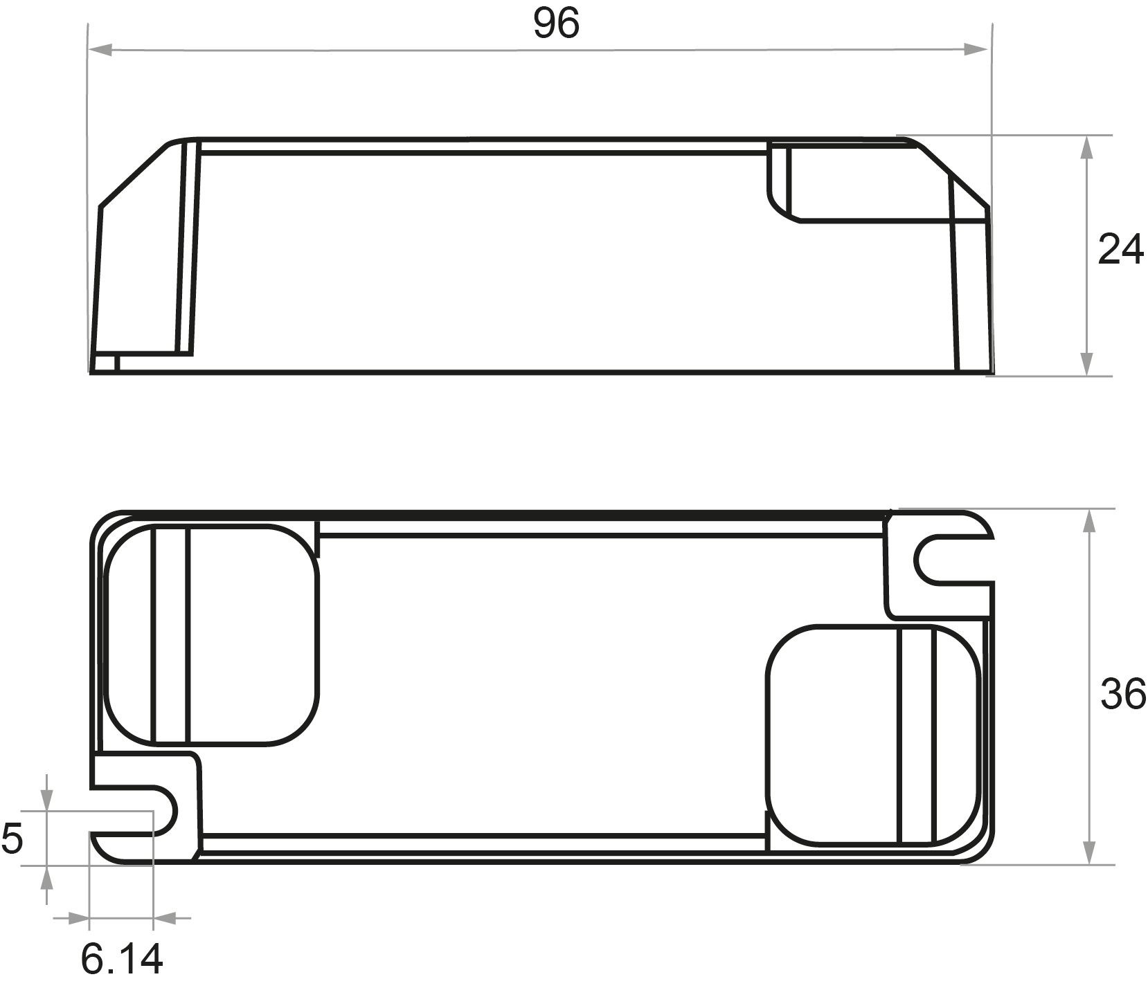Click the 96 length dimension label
coord(556,24)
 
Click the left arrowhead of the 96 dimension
coord(101,50)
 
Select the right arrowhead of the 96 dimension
coord(976,50)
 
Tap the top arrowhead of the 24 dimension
coord(1086,147)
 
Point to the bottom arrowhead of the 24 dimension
coord(1086,364)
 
